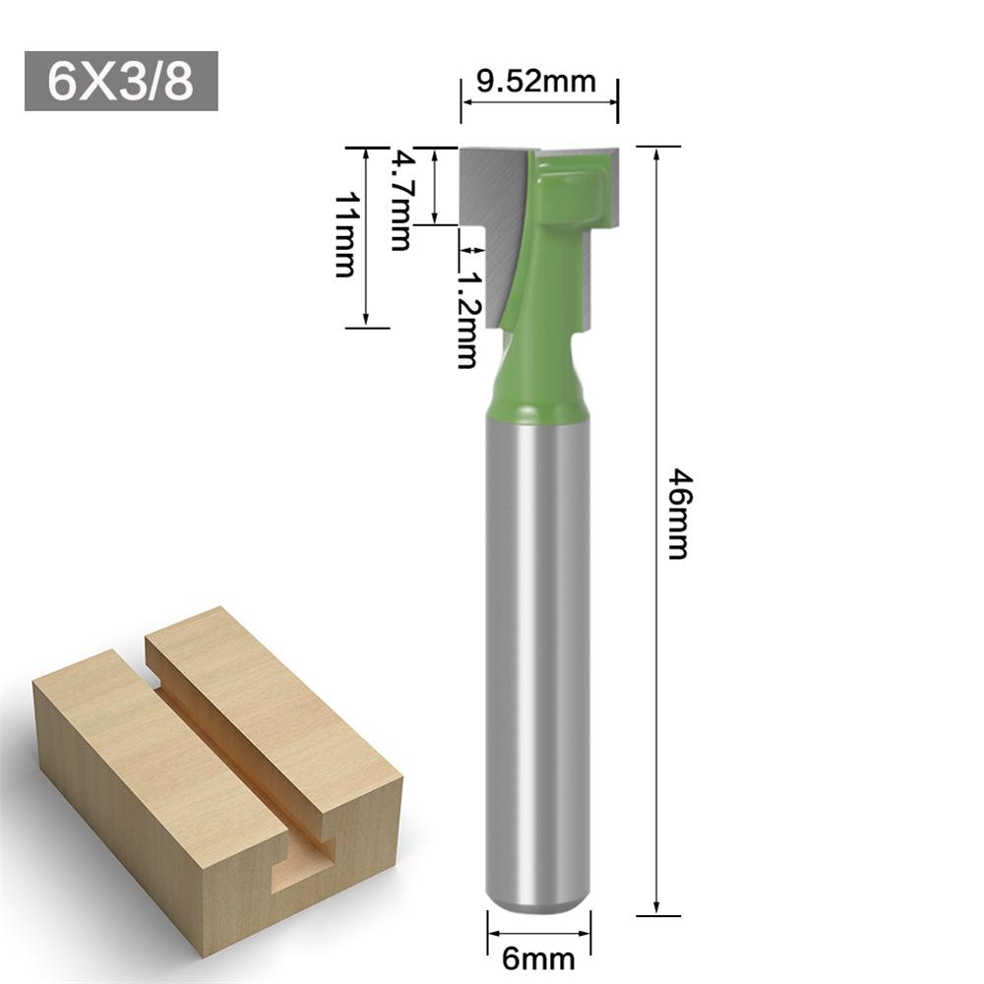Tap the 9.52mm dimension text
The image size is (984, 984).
pyautogui.click(x=536, y=81)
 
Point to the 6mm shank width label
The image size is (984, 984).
pyautogui.click(x=538, y=953)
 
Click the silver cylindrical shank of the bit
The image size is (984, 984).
pyautogui.click(x=538, y=640)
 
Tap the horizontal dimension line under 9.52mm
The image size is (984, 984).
pyautogui.click(x=538, y=100)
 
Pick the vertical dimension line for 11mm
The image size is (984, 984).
pyautogui.click(x=367, y=236)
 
